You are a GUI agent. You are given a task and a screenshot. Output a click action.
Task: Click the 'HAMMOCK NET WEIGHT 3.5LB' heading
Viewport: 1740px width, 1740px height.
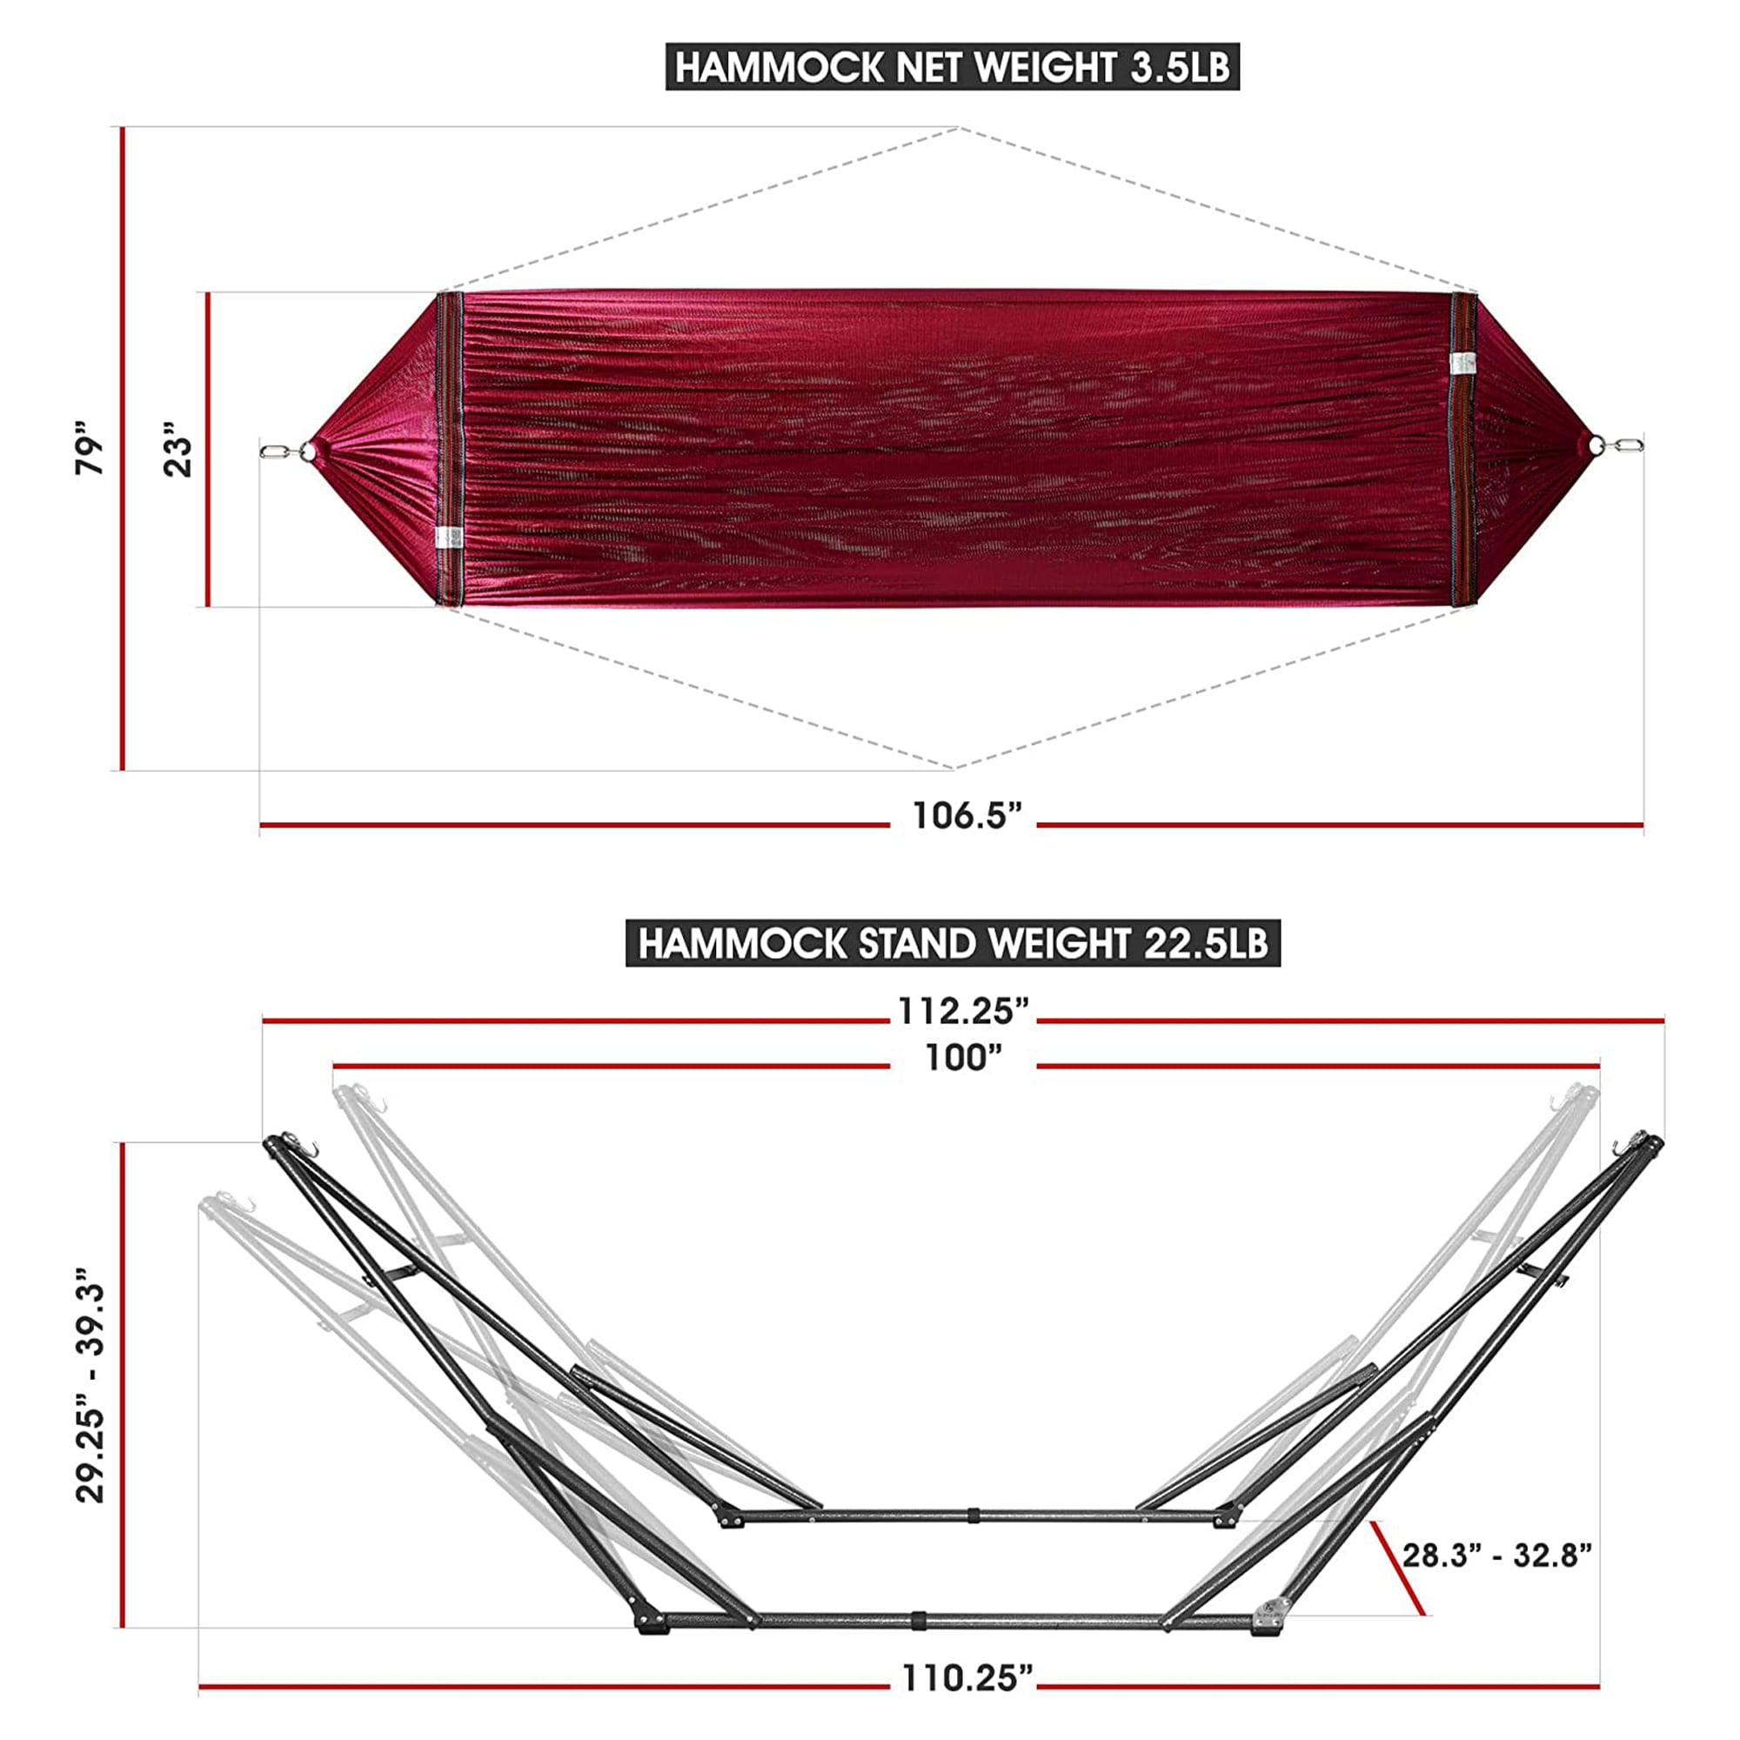(952, 69)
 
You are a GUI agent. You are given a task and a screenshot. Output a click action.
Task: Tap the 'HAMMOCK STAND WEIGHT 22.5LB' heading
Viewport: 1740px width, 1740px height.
(952, 944)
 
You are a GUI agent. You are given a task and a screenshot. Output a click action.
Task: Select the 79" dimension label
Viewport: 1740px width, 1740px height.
(90, 447)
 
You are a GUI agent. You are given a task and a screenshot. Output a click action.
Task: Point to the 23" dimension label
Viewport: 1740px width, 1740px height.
(178, 447)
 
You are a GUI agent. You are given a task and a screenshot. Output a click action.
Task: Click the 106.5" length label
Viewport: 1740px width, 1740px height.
(967, 816)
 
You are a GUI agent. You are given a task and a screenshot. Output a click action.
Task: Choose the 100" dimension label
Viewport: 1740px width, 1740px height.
(963, 1058)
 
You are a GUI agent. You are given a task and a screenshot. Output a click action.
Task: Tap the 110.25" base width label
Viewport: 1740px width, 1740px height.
(967, 1679)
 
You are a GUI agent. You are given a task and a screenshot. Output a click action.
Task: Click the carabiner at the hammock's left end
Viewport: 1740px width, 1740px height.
(276, 451)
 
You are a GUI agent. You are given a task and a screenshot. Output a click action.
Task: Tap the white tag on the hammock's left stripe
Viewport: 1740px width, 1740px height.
(447, 539)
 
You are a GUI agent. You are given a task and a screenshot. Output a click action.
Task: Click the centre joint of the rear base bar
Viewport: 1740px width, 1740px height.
(974, 1516)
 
